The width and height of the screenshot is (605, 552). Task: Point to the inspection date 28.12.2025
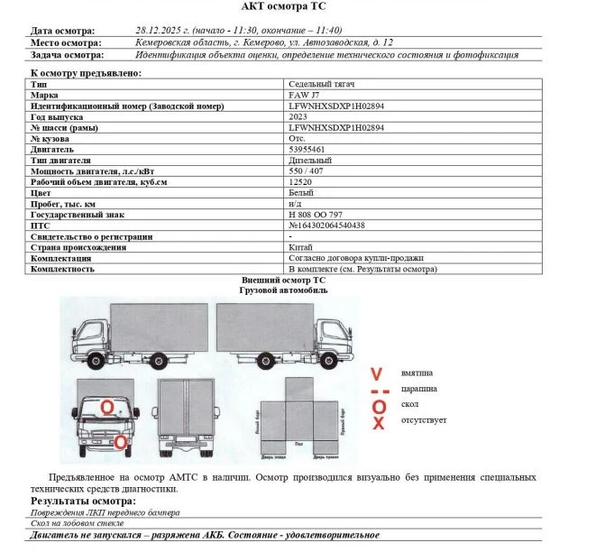(x=158, y=30)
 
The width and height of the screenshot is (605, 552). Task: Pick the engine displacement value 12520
(x=299, y=181)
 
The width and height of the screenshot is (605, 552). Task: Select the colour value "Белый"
(x=300, y=193)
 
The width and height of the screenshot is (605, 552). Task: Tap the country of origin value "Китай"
(x=300, y=247)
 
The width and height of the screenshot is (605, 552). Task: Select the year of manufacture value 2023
(x=298, y=116)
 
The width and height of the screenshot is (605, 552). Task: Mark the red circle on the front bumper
(x=120, y=442)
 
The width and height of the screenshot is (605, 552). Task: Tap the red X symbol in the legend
(x=379, y=422)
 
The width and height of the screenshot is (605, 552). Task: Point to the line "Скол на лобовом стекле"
(x=78, y=523)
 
